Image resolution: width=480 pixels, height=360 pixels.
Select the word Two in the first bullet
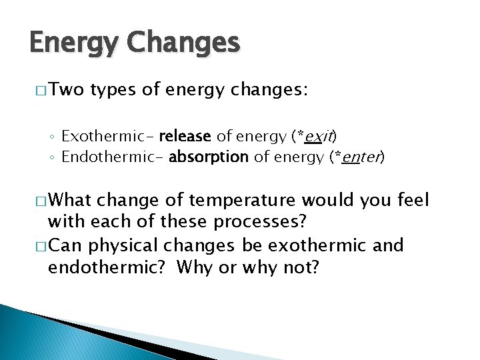point(65,91)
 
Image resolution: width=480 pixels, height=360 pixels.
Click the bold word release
point(185,137)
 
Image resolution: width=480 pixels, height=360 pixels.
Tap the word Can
point(66,245)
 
